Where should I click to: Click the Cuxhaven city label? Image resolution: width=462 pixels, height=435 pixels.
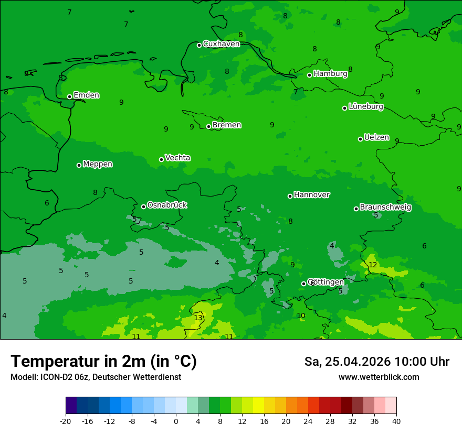221,44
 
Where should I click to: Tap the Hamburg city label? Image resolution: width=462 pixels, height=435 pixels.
330,74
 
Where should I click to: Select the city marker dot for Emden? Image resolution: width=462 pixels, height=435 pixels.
69,96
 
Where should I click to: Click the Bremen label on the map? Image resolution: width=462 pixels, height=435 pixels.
226,125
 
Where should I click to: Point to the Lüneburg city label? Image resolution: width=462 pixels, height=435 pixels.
365,107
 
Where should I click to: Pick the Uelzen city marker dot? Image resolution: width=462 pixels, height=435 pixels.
360,139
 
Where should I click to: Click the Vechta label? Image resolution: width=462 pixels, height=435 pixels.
177,158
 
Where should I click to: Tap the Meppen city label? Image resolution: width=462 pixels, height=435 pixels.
98,164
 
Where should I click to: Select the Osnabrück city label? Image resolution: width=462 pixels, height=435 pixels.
167,205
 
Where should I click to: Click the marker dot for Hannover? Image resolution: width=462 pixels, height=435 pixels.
290,196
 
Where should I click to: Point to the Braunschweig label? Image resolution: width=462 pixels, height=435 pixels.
385,208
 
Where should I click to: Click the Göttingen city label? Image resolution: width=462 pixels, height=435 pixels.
325,282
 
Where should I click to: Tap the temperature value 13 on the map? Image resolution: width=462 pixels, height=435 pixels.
198,318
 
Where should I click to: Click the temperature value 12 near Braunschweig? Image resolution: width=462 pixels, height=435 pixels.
373,265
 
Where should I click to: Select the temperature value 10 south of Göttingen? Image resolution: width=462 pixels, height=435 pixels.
301,316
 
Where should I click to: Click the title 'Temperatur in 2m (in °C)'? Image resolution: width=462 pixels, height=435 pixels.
103,361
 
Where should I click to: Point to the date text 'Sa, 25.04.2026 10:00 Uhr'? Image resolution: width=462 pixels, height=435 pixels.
376,362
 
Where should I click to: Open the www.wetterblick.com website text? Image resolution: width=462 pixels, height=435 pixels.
379,377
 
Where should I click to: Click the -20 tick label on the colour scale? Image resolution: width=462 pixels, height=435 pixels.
66,421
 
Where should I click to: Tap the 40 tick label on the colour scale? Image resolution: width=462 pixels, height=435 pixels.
396,421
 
